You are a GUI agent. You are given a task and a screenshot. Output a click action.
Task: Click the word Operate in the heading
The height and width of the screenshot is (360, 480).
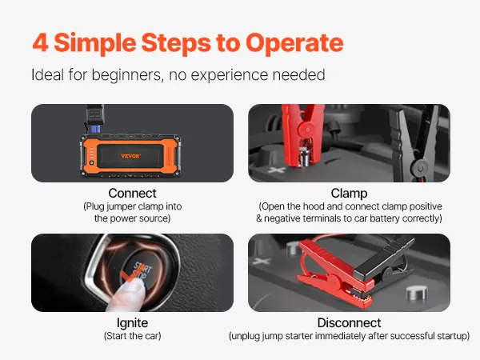pos(294,43)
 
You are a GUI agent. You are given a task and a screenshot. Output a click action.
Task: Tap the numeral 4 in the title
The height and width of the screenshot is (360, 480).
pos(41,42)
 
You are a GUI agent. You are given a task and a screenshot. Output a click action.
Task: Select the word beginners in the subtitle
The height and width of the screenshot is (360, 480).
pos(126,75)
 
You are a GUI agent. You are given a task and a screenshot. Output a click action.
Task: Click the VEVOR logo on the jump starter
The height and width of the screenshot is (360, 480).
pos(130,156)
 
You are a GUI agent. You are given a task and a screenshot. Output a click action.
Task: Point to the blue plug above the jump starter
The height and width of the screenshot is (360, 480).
pos(95,130)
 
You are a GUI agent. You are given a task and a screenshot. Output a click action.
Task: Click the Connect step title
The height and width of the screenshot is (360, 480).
pos(132,193)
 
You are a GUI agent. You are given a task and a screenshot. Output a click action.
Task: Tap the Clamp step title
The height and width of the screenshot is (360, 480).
pos(349,194)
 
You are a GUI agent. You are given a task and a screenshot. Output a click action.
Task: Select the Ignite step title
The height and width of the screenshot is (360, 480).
pos(132,323)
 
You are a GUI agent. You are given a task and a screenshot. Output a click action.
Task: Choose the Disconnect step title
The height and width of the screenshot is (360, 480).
pos(349,323)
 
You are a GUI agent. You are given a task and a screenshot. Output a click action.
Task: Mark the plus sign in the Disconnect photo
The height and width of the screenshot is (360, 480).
pos(262,261)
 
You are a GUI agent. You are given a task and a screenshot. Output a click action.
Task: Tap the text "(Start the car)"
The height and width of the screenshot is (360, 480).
pos(132,336)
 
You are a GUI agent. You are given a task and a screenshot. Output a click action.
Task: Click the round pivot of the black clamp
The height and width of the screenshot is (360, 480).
pos(421,168)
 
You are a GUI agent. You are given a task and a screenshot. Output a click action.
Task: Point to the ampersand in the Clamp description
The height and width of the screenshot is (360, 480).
pos(259,218)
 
